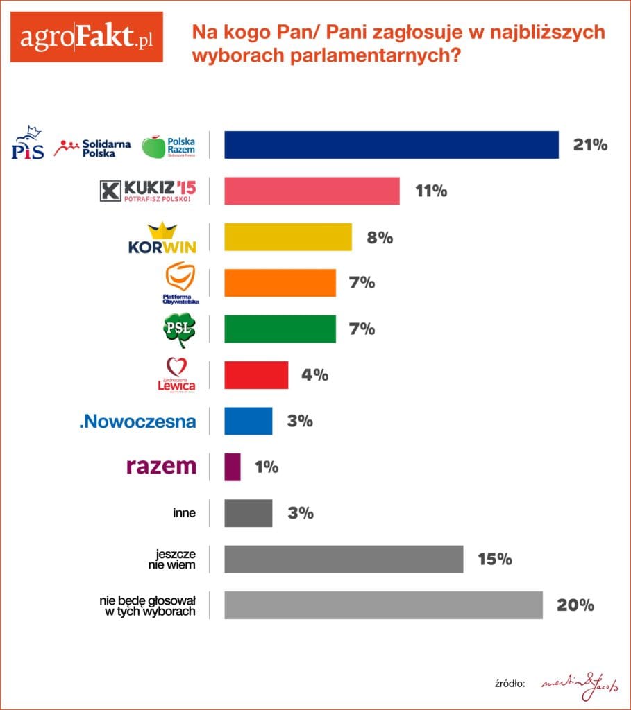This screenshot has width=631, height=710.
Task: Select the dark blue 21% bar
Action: (x=391, y=145)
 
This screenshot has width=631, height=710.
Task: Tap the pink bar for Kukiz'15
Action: (x=312, y=191)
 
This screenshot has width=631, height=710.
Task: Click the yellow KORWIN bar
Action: (x=288, y=237)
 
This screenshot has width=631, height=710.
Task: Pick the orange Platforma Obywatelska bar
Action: (x=280, y=283)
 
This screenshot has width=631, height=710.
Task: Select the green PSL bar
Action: (x=280, y=329)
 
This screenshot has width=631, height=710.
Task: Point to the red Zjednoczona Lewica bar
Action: (x=256, y=375)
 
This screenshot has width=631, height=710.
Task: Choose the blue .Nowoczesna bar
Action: (x=248, y=421)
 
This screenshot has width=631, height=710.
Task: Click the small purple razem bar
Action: (x=233, y=467)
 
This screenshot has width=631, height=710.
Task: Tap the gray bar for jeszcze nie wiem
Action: (x=344, y=559)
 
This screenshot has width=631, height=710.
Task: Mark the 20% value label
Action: (x=575, y=605)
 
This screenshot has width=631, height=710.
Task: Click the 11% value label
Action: (x=431, y=191)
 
